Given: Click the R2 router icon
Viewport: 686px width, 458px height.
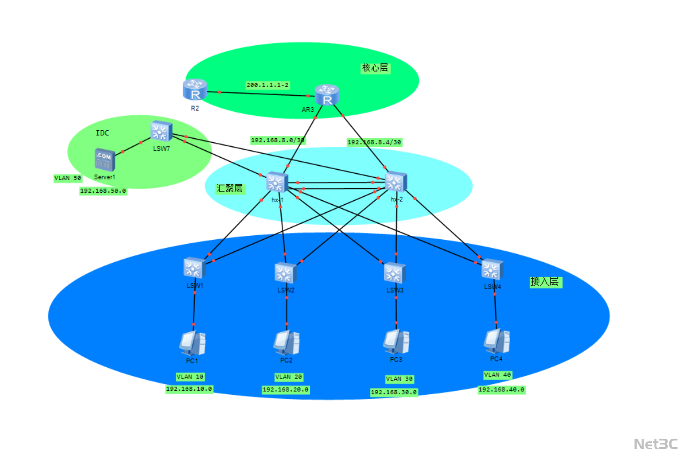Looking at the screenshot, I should coord(195,89).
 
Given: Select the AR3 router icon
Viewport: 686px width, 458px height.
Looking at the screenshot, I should coord(327,95).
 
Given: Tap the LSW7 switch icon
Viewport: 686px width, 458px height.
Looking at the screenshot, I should coord(161,131).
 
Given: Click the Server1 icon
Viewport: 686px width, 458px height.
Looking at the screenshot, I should coord(105,159).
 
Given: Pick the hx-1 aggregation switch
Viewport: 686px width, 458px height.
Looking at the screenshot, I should coord(276,182).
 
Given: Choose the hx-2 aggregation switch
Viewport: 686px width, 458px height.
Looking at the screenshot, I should coord(396,182).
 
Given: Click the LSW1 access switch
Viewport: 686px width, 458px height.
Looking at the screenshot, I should coord(194,268).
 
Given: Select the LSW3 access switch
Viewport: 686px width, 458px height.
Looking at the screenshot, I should coord(395,273).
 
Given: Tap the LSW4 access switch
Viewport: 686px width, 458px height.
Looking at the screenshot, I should coord(492,270).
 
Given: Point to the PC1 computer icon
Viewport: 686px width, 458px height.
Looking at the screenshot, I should coord(192,343).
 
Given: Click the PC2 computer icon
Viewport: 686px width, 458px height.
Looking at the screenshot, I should coord(286,343).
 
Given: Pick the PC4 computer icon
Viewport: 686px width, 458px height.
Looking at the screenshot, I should coord(497,342).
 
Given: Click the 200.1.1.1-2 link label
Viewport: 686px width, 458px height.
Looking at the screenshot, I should coord(267,85).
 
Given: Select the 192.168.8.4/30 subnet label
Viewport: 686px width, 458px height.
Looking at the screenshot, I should coord(374,142).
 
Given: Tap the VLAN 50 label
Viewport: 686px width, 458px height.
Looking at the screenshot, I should coord(68,178).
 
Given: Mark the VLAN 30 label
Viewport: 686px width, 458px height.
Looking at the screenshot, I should coord(399,379).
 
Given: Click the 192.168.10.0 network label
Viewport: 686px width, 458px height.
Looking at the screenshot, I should coord(189,389).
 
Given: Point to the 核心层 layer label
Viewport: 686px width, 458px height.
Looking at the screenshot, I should coord(375,68).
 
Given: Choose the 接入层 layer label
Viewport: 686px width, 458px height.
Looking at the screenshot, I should coord(545,282).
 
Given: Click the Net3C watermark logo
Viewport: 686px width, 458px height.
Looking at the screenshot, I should coord(655,444).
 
